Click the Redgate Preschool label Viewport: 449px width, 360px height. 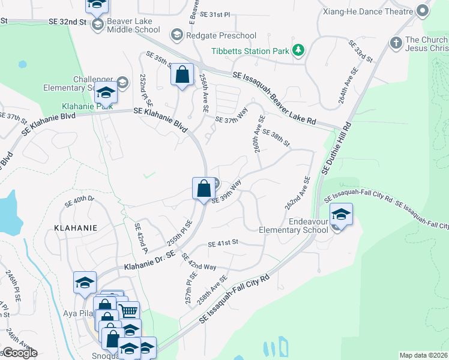(x=221, y=35)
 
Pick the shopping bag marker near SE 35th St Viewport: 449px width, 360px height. (x=182, y=75)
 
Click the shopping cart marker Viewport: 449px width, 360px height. (x=128, y=311)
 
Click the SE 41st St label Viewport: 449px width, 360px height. (x=223, y=243)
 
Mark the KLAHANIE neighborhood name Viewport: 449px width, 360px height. (x=75, y=228)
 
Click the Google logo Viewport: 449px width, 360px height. (x=19, y=353)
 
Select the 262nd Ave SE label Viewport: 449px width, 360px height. (x=297, y=193)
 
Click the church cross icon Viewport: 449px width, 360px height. (x=395, y=43)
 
